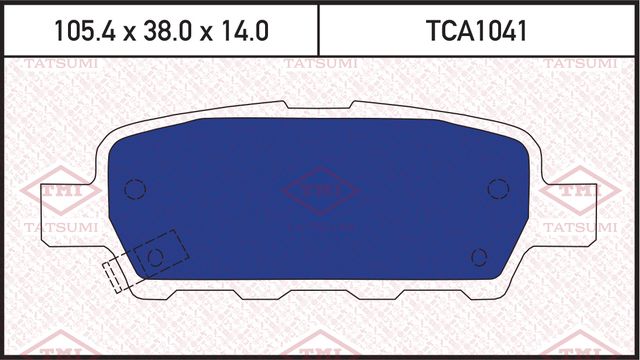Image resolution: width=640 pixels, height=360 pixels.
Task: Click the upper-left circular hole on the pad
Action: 136,188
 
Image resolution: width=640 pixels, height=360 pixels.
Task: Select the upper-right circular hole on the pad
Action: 497,188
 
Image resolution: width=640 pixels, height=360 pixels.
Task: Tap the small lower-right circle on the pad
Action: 479,255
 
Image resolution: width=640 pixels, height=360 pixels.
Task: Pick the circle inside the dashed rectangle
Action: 155,258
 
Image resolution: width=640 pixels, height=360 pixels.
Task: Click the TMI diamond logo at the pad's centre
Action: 319,193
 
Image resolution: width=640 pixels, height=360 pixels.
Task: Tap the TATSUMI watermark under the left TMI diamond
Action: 62,228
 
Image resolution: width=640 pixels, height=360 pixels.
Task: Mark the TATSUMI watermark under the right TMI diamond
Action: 578,228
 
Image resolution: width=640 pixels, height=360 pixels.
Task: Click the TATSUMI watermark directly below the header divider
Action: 319,64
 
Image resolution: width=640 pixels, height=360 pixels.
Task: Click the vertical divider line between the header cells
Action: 318,29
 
